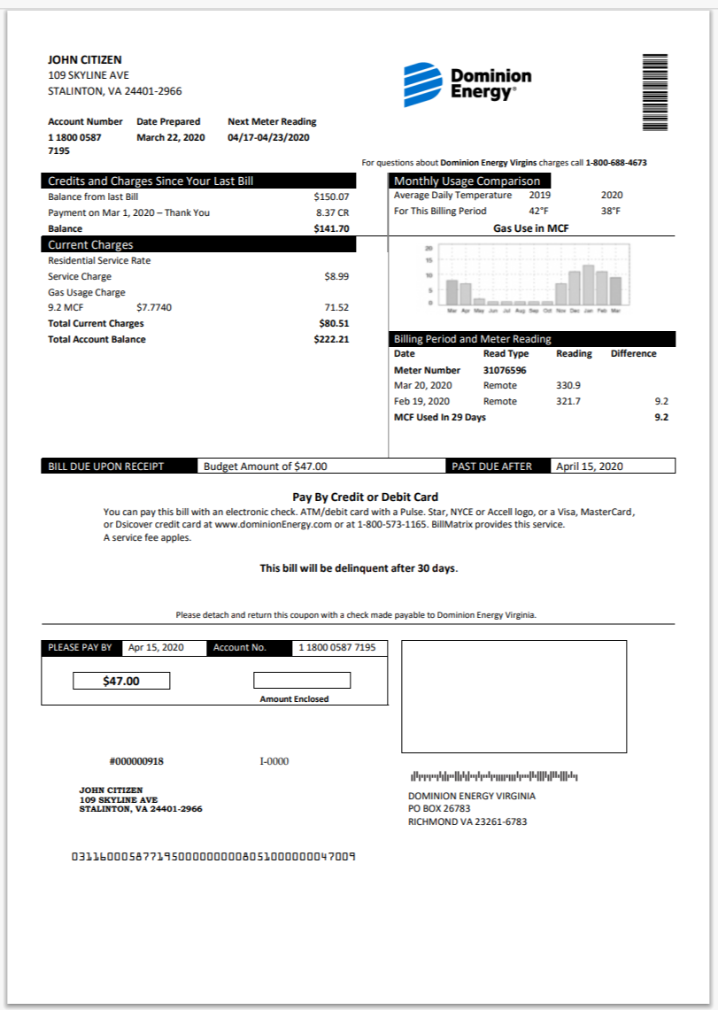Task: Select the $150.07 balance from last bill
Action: tap(331, 197)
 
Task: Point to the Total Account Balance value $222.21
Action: tap(331, 339)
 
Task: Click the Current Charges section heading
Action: tap(90, 244)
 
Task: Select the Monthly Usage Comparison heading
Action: tap(467, 181)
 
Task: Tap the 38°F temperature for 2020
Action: tap(611, 212)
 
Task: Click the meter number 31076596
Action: tap(505, 370)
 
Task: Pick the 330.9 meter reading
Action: tap(568, 386)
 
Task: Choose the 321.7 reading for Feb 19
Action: tap(568, 402)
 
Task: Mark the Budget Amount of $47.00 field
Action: tap(266, 466)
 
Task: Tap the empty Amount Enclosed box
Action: tap(302, 681)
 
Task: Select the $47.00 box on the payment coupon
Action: tap(121, 681)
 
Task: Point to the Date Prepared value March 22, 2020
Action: tap(170, 137)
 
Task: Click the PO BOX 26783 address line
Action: tap(438, 808)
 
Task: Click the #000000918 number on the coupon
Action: tap(136, 761)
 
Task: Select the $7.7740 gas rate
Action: tap(154, 307)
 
